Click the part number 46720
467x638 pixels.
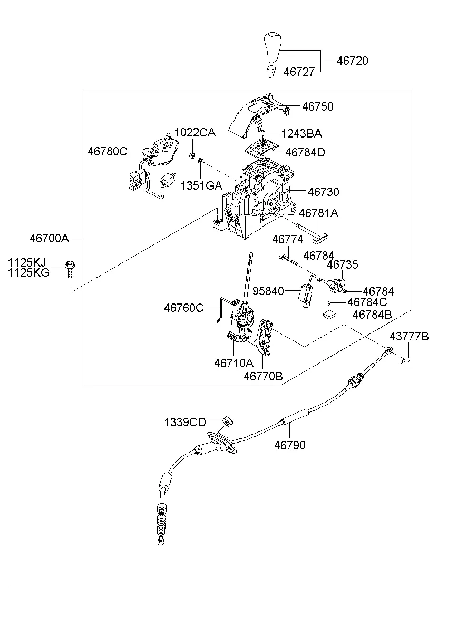point(352,61)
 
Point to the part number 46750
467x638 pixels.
point(317,106)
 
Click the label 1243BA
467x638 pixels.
point(301,134)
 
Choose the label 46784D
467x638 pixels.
point(305,152)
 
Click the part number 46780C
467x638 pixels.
point(108,151)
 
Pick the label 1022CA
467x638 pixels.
point(195,133)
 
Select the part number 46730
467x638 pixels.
point(324,192)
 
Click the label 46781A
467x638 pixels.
point(318,213)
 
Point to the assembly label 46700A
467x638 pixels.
point(50,238)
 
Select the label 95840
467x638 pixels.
point(268,291)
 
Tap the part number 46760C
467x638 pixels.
point(183,308)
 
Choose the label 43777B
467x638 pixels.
point(409,336)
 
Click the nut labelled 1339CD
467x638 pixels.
point(227,421)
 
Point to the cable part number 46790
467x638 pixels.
point(289,446)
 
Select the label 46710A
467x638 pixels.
point(234,363)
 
